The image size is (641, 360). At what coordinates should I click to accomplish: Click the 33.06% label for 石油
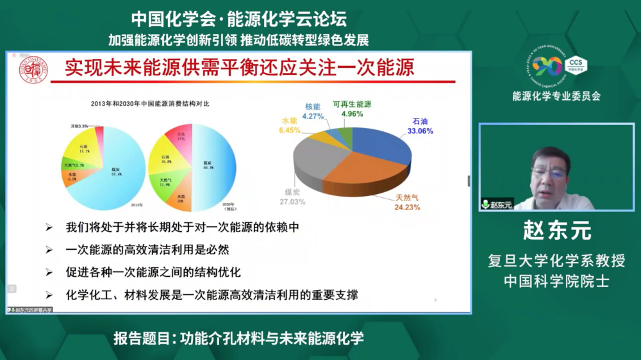(x=420, y=131)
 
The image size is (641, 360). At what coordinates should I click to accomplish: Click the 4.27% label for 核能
(x=313, y=116)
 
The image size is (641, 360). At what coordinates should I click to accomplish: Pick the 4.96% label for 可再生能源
(x=352, y=113)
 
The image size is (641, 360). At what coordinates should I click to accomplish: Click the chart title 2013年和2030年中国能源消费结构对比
(x=150, y=104)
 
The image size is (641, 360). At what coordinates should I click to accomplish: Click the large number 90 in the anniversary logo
(x=546, y=66)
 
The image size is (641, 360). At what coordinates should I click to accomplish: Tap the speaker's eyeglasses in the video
(x=549, y=173)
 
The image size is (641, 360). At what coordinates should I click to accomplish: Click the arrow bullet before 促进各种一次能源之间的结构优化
(x=49, y=272)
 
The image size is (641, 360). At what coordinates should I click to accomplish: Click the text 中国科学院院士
(x=556, y=281)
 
